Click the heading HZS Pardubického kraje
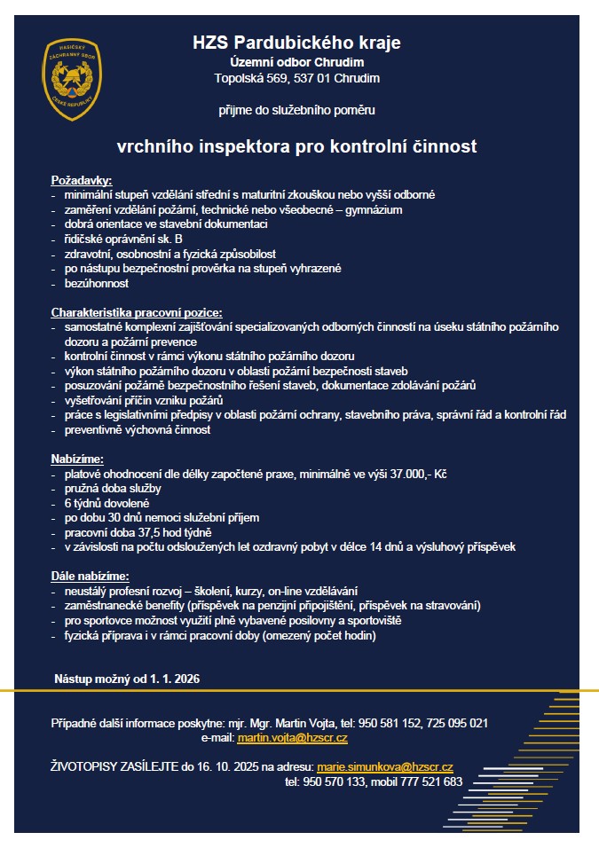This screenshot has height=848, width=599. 296,42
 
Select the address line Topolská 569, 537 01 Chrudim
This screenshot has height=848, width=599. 296,78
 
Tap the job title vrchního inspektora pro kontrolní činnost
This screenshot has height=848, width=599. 296,145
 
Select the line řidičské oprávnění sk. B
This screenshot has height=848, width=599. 123,239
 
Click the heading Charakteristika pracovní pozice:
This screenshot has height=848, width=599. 137,312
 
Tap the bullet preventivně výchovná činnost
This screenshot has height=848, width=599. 149,429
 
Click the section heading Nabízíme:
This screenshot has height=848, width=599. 77,459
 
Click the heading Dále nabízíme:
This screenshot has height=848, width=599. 91,576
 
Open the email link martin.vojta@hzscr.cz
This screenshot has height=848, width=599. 292,738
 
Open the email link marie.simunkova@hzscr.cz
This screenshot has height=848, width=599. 384,766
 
